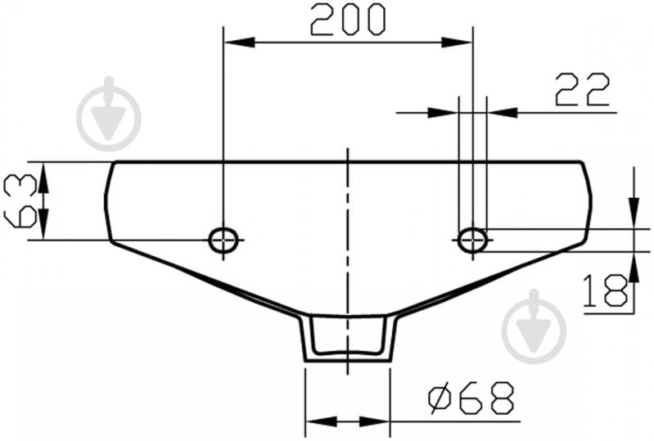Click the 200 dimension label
pos(348,19)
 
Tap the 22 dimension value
pos(582,90)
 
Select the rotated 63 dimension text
pos(20,201)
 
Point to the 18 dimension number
pos(605,290)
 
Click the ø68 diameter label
pos(471,398)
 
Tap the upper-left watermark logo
pos(110,115)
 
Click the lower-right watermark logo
pos(534,326)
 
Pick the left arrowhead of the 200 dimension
pos(239,42)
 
